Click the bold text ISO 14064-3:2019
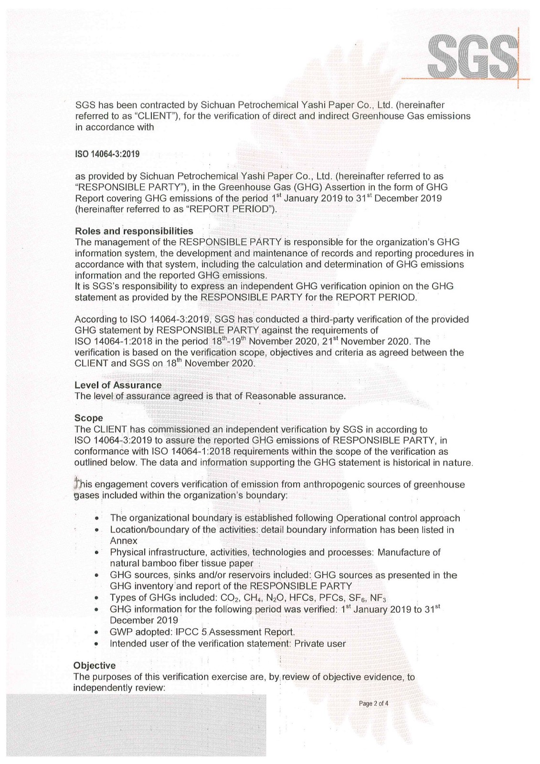point(107,154)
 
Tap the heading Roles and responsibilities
point(134,231)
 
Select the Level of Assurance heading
point(118,385)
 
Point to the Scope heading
point(88,418)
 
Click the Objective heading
point(95,665)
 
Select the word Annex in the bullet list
point(124,541)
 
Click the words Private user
point(320,643)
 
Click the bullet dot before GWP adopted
point(96,632)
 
